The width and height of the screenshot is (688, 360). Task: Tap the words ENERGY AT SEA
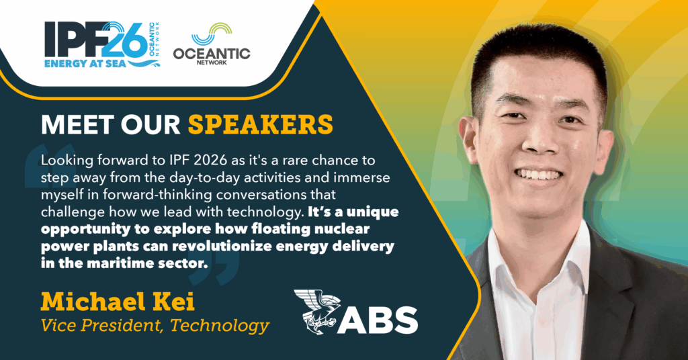pyautogui.click(x=85, y=63)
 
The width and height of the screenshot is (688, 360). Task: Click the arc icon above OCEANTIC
pyautogui.click(x=212, y=34)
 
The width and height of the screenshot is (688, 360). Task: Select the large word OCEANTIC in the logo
pyautogui.click(x=212, y=54)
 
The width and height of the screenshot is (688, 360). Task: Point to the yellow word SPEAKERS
pyautogui.click(x=261, y=124)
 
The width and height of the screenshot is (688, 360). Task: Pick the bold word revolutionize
pyautogui.click(x=222, y=246)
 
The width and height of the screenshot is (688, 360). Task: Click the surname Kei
pyautogui.click(x=175, y=302)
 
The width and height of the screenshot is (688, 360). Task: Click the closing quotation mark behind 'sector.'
pyautogui.click(x=214, y=267)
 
